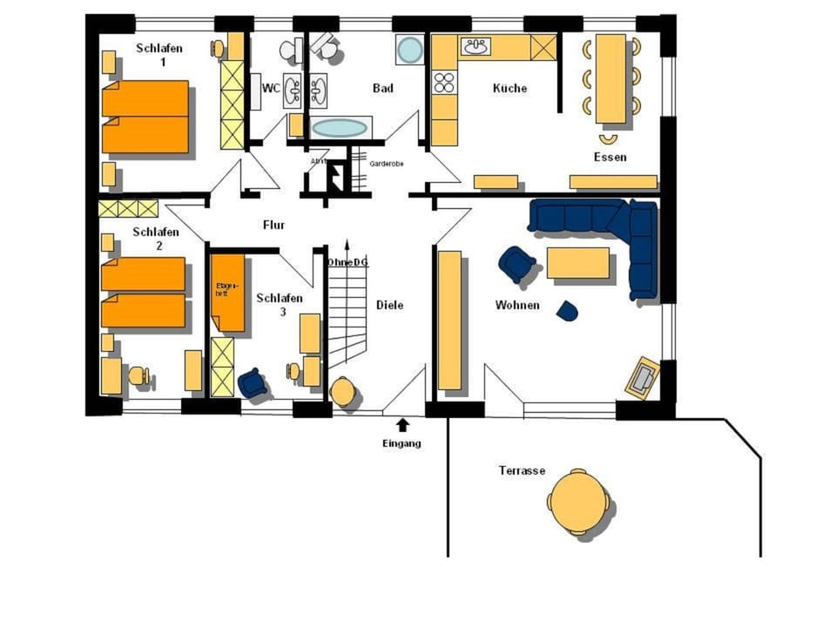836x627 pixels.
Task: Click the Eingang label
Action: click(x=401, y=443)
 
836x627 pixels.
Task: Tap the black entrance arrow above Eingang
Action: click(x=402, y=425)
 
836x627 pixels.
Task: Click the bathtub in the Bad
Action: click(x=340, y=128)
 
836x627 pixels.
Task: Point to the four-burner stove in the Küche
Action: click(x=444, y=83)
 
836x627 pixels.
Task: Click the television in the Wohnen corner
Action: click(x=644, y=377)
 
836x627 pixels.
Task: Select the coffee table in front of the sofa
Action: click(x=577, y=263)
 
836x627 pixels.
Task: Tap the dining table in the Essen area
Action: click(x=610, y=78)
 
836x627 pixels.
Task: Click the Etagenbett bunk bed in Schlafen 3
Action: click(x=228, y=293)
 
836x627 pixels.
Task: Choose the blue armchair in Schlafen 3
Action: click(x=252, y=382)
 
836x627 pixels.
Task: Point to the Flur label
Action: click(x=273, y=225)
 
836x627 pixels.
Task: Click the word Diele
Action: click(x=389, y=305)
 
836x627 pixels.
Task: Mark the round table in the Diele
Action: click(x=343, y=392)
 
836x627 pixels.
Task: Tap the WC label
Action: click(x=270, y=89)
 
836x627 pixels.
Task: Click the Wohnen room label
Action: click(x=517, y=305)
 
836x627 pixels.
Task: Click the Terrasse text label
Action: click(x=522, y=470)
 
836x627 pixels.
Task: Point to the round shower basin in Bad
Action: click(x=409, y=50)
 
